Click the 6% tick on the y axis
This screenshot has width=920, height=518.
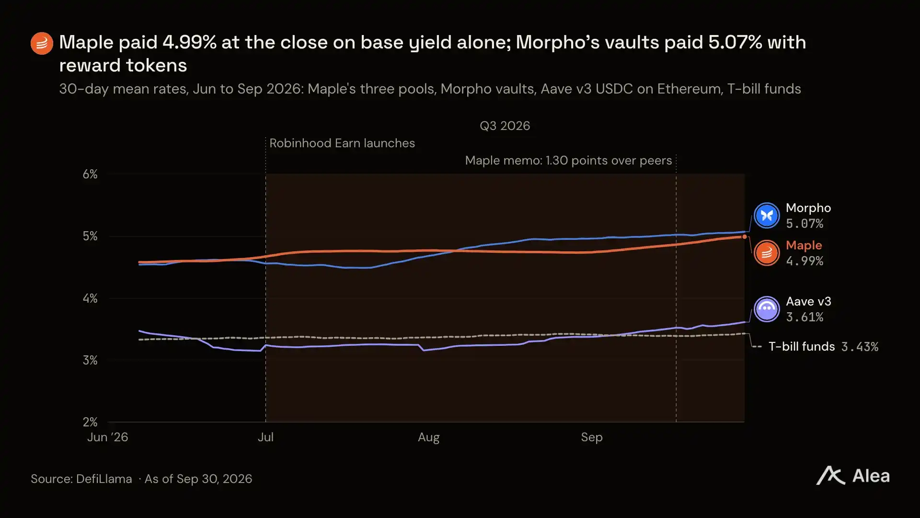90,174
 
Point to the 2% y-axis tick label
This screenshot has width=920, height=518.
90,422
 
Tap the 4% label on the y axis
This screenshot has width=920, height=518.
90,298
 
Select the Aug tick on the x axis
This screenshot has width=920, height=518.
428,437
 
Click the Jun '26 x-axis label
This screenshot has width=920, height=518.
108,437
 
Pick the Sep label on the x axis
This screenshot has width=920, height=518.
592,437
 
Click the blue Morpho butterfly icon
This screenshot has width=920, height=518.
767,215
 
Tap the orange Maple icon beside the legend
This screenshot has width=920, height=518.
767,253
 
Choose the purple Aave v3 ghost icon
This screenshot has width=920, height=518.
767,309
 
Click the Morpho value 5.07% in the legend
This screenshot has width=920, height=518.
805,224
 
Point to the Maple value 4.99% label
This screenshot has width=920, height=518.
805,261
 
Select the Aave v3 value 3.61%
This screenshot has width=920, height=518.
805,317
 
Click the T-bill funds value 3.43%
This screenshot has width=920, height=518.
860,347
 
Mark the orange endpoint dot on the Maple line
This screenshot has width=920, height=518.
744,236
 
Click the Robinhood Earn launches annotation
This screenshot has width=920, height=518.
342,143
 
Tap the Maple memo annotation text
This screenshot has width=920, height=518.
568,161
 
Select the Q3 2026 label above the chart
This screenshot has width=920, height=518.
505,126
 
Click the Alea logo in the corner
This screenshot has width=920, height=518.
853,476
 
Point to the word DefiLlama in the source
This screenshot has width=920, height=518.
104,479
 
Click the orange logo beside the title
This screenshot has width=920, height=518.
42,44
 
